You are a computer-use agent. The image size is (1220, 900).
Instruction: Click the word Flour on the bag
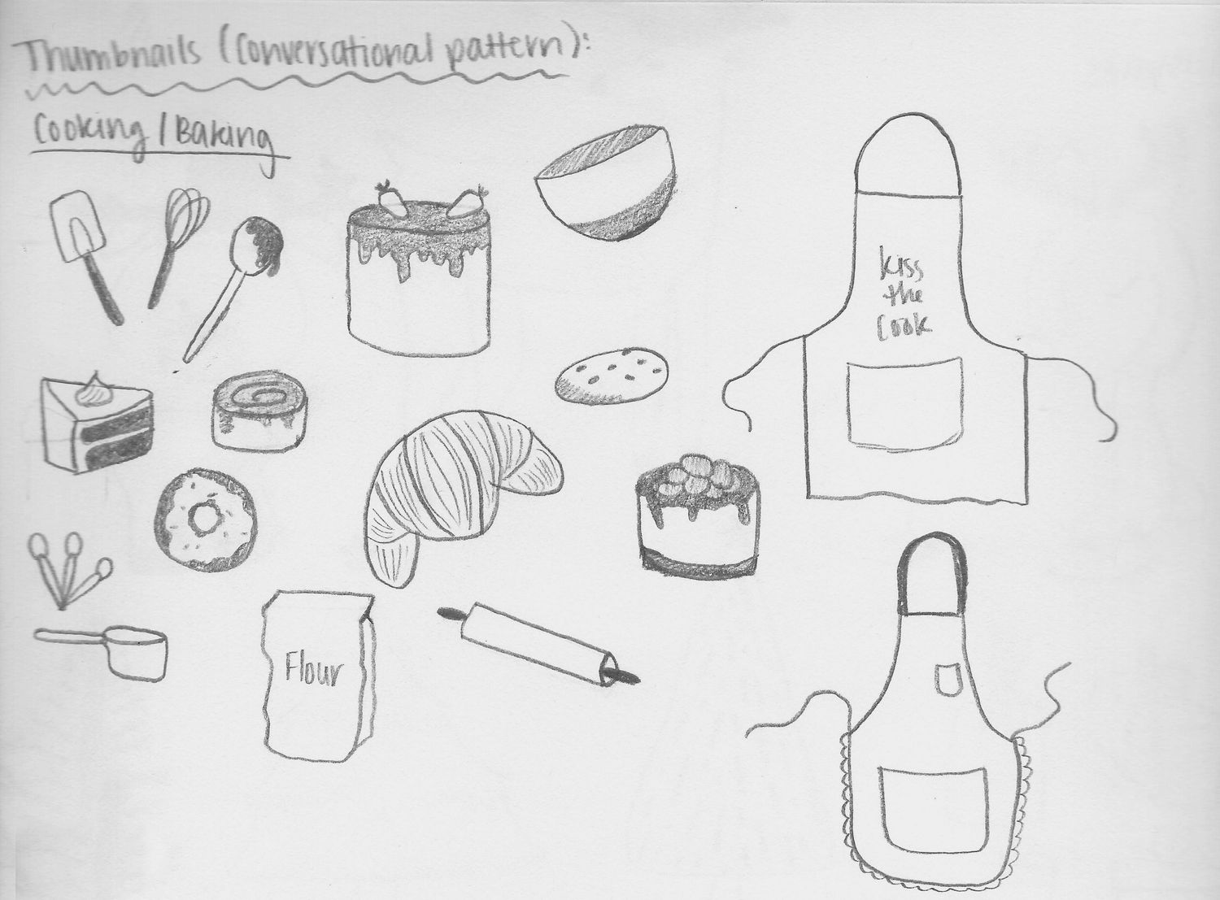(x=314, y=672)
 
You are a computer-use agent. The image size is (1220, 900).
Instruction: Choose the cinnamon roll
(x=259, y=410)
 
